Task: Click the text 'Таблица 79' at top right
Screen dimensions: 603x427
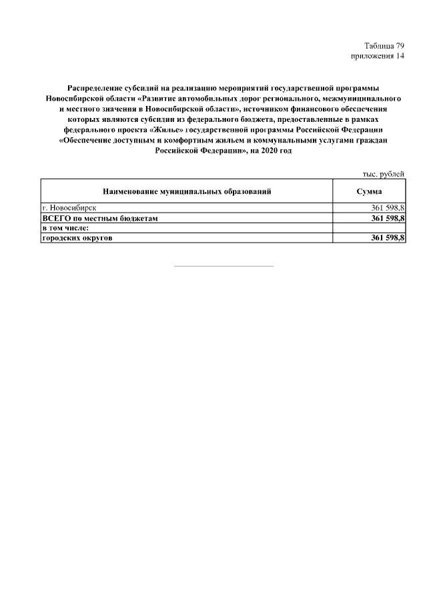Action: (384, 46)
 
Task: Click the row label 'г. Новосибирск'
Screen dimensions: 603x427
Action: (69, 209)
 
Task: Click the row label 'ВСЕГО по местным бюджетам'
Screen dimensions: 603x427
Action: (99, 218)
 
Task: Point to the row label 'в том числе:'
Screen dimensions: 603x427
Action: (65, 228)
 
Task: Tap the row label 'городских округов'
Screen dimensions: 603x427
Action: (75, 238)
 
